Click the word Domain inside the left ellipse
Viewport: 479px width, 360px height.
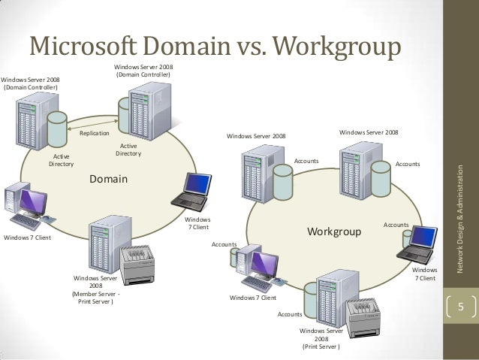(x=109, y=180)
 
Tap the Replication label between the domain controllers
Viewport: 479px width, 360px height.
(x=94, y=134)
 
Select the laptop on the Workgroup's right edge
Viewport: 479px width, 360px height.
(x=421, y=241)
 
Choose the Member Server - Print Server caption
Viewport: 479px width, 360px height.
(x=96, y=294)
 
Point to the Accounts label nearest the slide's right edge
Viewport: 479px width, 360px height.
(x=408, y=163)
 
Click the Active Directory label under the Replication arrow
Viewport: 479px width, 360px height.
(x=128, y=150)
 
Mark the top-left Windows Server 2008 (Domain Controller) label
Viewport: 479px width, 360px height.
(x=31, y=83)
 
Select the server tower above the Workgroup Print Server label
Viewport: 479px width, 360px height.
(x=329, y=297)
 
